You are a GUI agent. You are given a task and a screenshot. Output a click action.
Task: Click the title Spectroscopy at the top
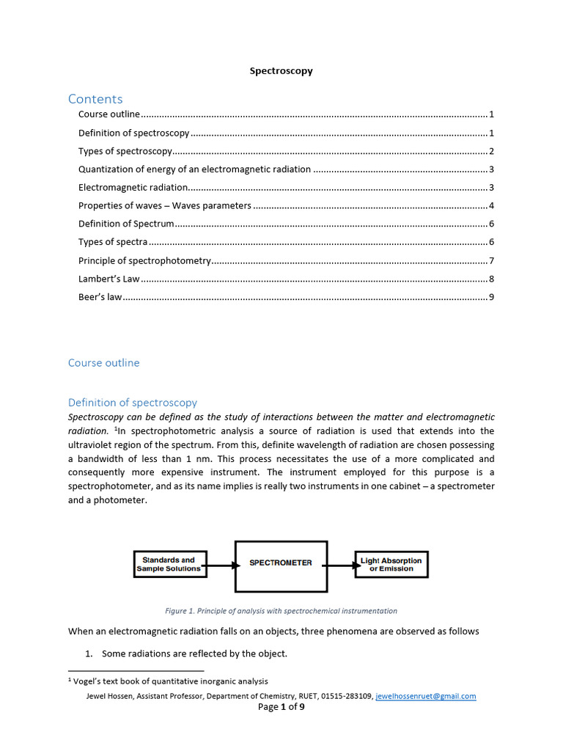pyautogui.click(x=281, y=71)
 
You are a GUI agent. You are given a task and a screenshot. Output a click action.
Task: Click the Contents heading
pyautogui.click(x=95, y=99)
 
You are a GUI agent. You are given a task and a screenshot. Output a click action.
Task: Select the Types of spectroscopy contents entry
pyautogui.click(x=125, y=151)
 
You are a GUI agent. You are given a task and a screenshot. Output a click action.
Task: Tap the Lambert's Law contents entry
pyautogui.click(x=109, y=279)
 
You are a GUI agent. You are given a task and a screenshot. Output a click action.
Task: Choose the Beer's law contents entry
pyautogui.click(x=100, y=297)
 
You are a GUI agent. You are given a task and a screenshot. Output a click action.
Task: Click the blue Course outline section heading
pyautogui.click(x=103, y=363)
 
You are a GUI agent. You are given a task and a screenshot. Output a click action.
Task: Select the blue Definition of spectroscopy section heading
pyautogui.click(x=132, y=403)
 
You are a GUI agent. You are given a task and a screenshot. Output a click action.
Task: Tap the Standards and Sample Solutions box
pyautogui.click(x=169, y=564)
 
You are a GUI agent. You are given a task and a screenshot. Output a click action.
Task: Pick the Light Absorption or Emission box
pyautogui.click(x=391, y=564)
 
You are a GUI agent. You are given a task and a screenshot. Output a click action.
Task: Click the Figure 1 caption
pyautogui.click(x=281, y=610)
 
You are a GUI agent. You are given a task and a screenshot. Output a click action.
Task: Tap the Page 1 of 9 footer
pyautogui.click(x=281, y=707)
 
